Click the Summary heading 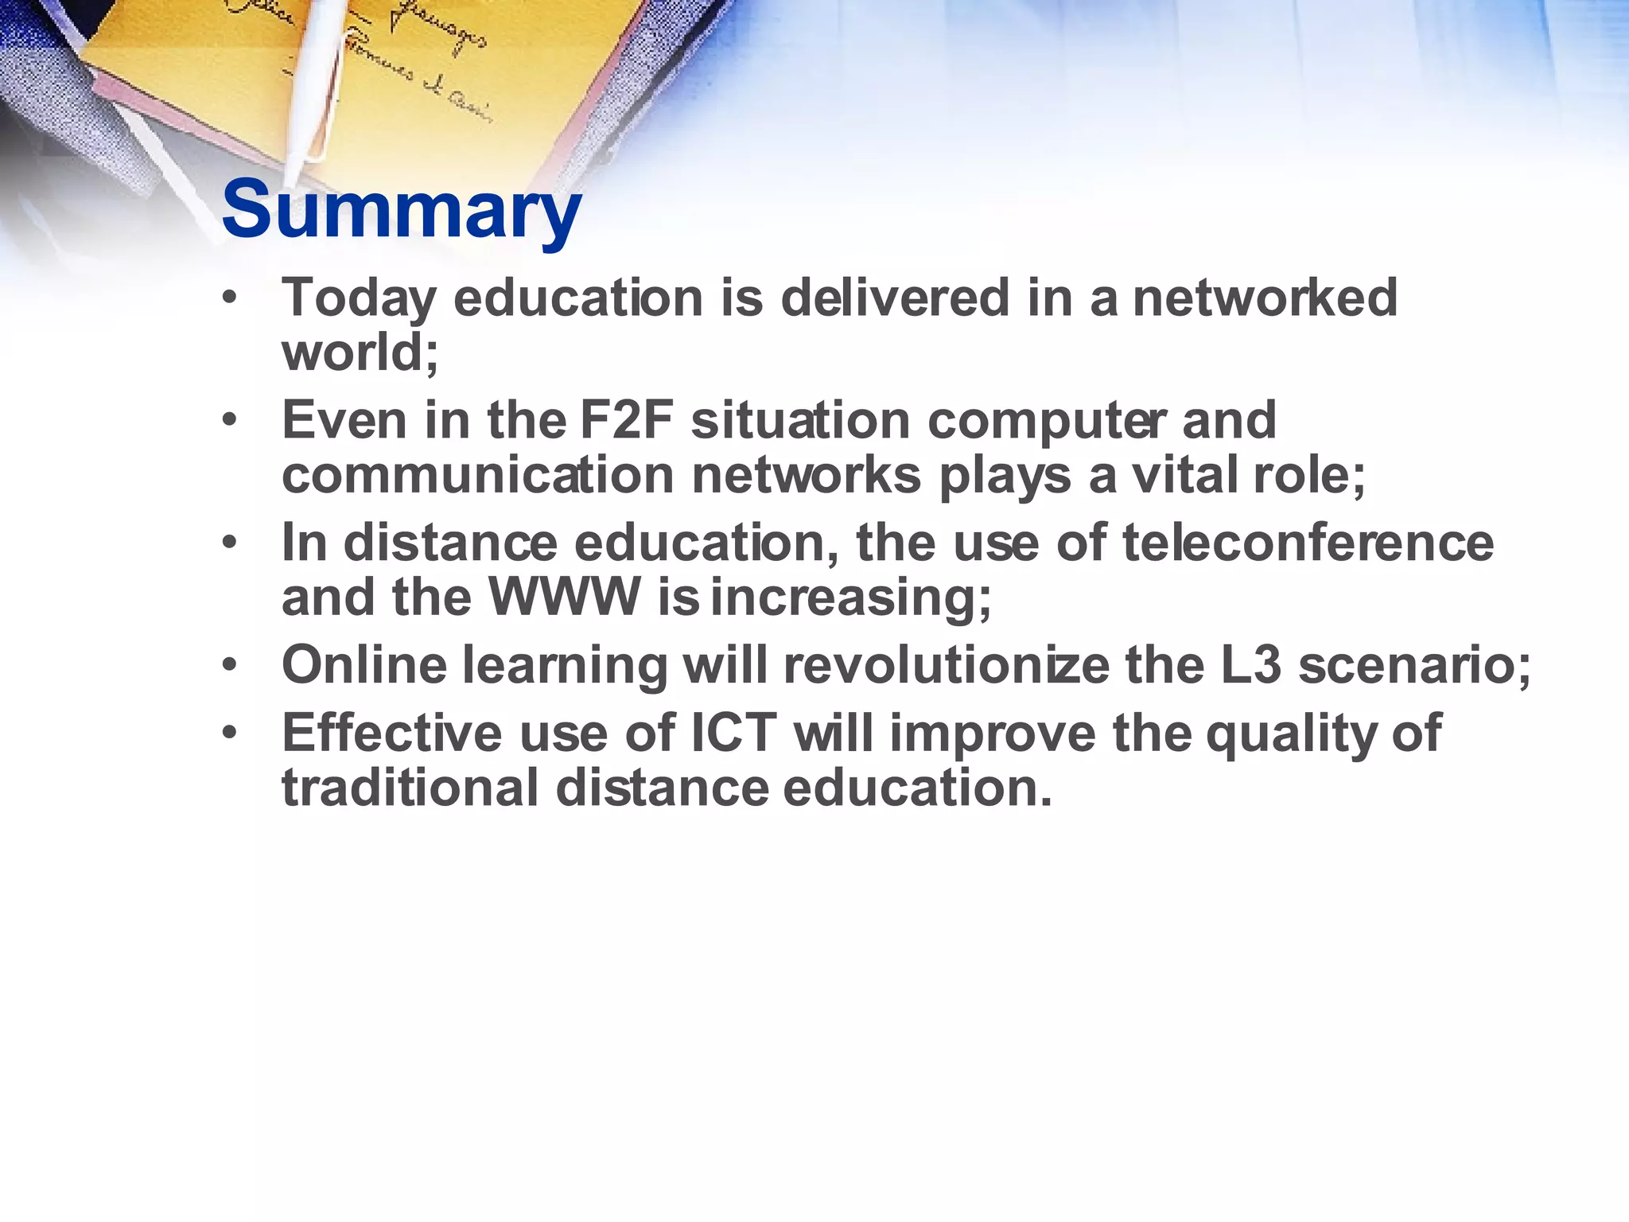click(x=401, y=210)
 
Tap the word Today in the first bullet click(x=359, y=299)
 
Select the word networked click(x=1264, y=298)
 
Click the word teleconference click(x=1308, y=543)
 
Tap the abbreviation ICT click(x=733, y=733)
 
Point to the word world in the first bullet click(x=359, y=352)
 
